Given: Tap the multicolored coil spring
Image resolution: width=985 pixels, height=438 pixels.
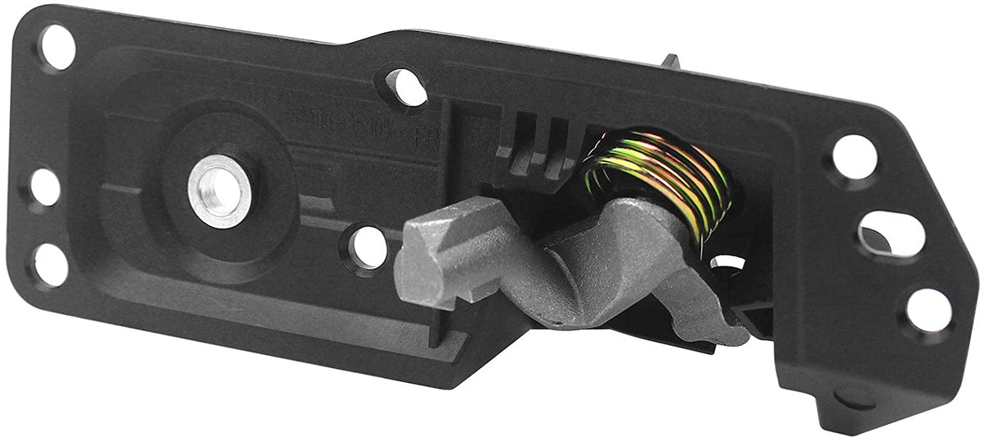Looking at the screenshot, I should point(657,179).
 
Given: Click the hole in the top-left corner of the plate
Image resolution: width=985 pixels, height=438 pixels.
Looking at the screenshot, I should point(58,47).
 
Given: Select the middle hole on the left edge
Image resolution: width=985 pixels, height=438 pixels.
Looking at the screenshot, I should point(46,188).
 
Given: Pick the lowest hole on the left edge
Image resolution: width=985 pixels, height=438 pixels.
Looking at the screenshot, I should point(51,265).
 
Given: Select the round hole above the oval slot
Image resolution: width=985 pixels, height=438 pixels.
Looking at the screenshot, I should point(854,156).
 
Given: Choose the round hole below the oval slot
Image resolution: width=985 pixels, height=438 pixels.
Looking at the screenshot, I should point(928,311).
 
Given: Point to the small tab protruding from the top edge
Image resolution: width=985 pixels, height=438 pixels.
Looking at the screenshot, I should point(671,62).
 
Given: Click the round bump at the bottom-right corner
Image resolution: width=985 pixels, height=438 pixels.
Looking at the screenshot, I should point(853,399).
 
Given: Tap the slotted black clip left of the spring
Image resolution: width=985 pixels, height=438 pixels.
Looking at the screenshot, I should point(538,140).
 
